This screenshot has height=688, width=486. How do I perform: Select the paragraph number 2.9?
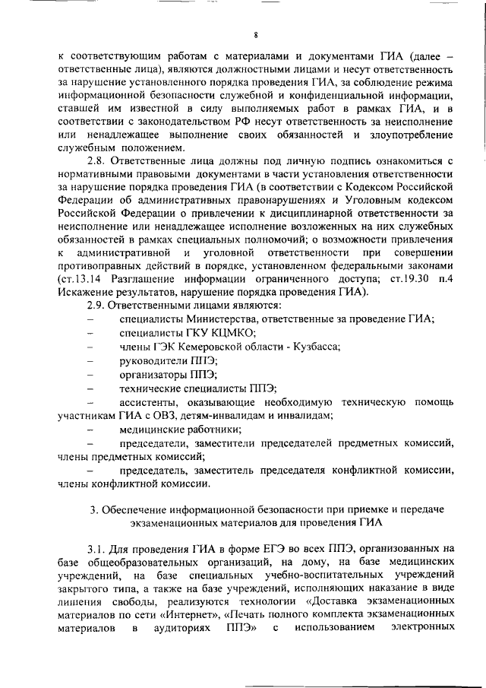click(x=99, y=305)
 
